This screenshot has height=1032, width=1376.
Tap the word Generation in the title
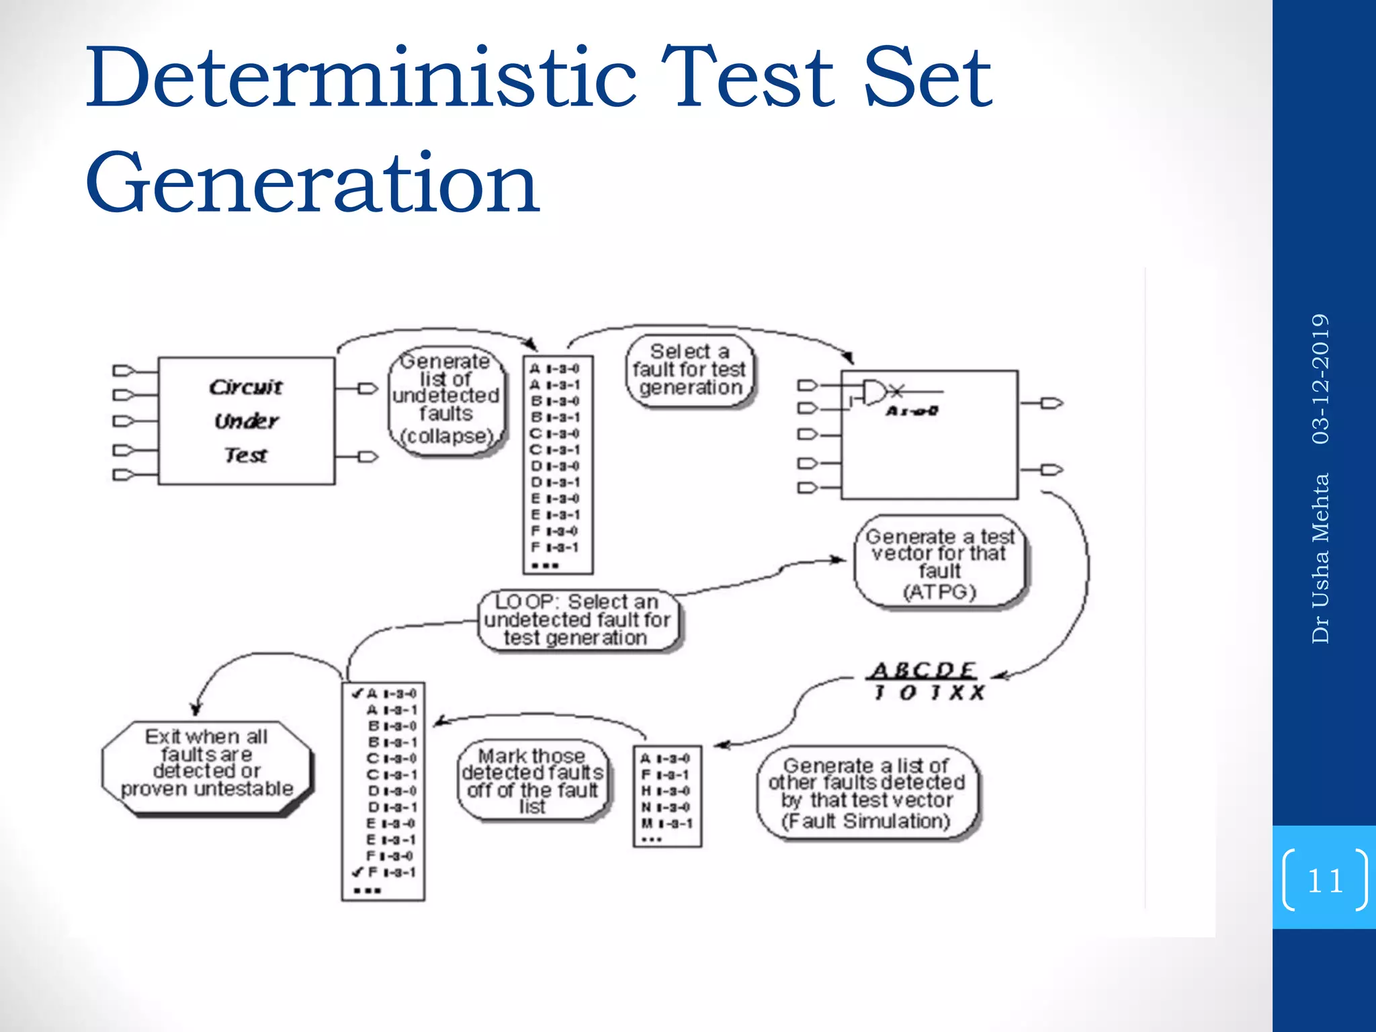point(312,182)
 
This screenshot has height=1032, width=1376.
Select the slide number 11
point(1324,880)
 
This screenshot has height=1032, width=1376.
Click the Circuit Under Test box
point(246,421)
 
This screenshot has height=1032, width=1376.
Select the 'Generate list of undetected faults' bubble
point(446,400)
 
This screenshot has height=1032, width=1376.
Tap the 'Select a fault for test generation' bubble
point(689,370)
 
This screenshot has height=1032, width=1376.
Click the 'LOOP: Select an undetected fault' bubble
point(578,620)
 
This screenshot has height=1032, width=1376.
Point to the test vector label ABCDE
point(923,670)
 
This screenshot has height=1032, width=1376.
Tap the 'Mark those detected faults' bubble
point(532,781)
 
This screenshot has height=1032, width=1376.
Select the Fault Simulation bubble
point(867,793)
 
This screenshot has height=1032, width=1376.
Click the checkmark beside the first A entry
point(357,693)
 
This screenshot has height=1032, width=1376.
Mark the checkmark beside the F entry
point(357,872)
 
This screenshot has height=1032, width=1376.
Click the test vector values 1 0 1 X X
point(929,692)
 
